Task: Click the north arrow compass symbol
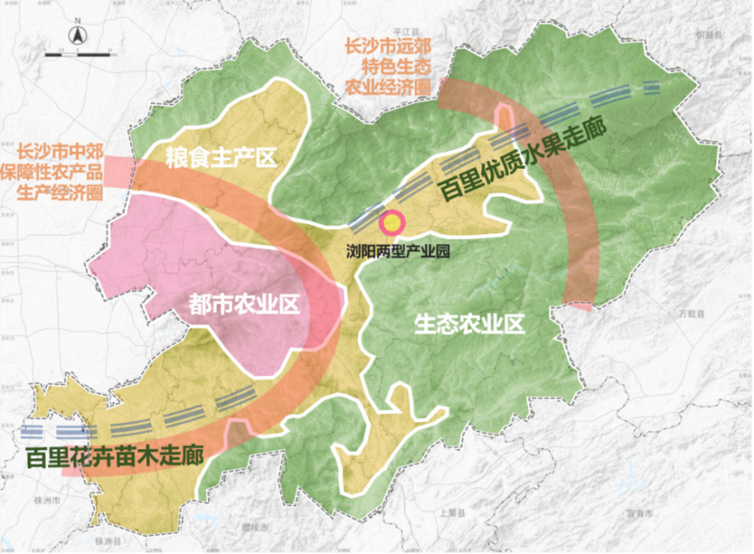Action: click(78, 35)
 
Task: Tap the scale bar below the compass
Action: click(78, 54)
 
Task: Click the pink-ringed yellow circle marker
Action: click(392, 223)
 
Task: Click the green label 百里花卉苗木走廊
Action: click(115, 457)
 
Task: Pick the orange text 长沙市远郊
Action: click(388, 47)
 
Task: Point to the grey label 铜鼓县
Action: click(710, 35)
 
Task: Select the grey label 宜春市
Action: click(639, 513)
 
